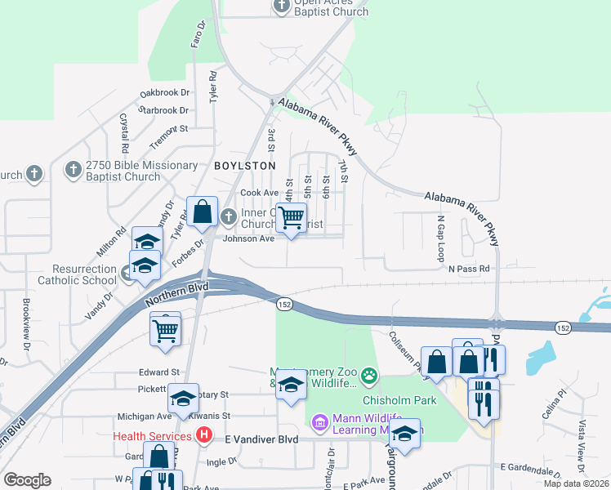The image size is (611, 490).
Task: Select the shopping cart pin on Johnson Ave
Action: click(x=291, y=218)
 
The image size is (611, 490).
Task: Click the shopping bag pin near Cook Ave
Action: click(x=202, y=213)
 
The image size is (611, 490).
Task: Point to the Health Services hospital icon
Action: click(x=205, y=436)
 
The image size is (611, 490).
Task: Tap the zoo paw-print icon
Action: click(x=370, y=376)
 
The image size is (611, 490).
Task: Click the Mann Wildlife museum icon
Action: click(x=320, y=421)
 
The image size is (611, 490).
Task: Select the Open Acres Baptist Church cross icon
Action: click(x=281, y=6)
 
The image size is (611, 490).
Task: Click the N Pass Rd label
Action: click(x=468, y=268)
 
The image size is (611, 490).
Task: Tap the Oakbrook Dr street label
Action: click(x=164, y=93)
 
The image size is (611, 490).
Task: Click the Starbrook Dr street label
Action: click(x=163, y=110)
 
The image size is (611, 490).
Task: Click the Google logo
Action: click(x=27, y=479)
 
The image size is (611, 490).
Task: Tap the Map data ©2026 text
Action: click(x=576, y=483)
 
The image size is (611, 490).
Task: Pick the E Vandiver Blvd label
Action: click(x=248, y=438)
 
